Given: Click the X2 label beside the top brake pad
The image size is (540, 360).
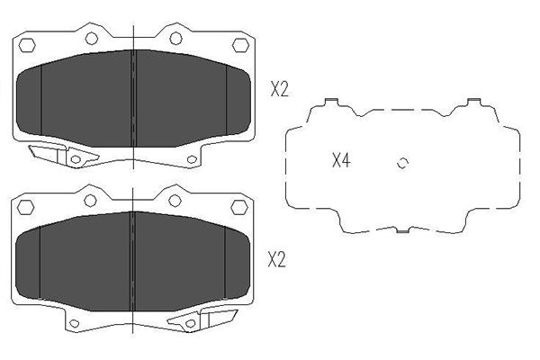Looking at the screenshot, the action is point(279,89).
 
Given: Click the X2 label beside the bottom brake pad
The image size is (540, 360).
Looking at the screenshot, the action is point(277,259).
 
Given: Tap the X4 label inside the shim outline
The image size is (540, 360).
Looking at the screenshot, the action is point(341,160).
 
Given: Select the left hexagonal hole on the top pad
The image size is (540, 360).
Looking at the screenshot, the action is point(27,45).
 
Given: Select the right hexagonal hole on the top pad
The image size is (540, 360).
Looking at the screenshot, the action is point(240,45).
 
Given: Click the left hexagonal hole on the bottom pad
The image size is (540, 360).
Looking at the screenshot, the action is point(26,207).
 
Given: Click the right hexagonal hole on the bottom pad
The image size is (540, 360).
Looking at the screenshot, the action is point(239,207).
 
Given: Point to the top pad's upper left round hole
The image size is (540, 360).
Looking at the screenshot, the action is point(92,38).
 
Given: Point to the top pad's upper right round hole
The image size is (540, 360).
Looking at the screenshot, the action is point(176,38).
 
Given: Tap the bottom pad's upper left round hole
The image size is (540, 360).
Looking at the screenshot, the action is point(90,201).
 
